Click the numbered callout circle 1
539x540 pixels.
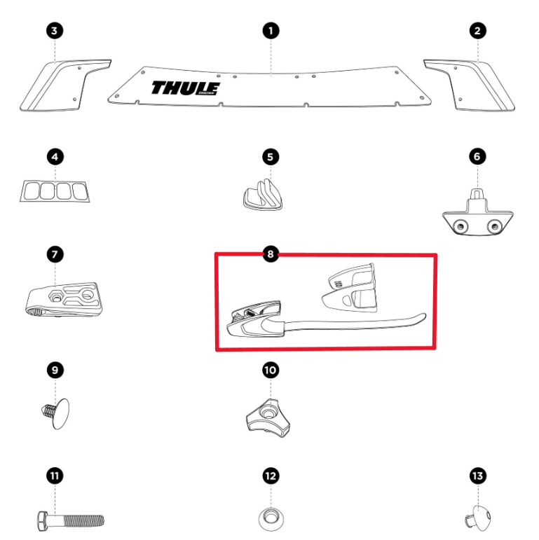click(271, 30)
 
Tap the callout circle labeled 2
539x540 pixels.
click(477, 30)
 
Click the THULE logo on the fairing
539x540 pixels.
click(185, 88)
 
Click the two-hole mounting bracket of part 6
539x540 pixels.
click(476, 219)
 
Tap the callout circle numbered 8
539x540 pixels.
click(271, 253)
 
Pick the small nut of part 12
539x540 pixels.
click(271, 519)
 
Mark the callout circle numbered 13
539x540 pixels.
click(477, 476)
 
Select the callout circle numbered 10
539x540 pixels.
click(271, 369)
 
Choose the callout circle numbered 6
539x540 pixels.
click(477, 155)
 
